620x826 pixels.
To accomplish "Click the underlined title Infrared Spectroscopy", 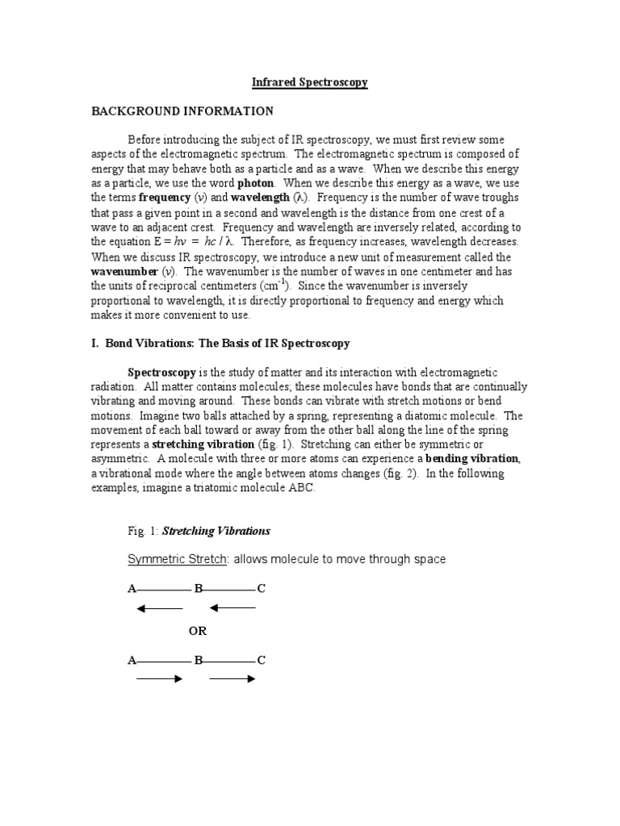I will pos(310,83).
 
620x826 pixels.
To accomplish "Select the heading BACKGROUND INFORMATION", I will pos(182,111).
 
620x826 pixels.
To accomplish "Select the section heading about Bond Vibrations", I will pos(220,344).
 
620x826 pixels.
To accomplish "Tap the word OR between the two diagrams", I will pos(198,631).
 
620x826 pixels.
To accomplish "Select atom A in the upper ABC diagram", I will pos(132,590).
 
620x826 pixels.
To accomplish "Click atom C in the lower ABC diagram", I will pos(261,661).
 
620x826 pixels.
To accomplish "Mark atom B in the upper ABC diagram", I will pos(198,590).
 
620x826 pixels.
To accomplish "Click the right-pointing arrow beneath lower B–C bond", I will pos(232,679).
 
